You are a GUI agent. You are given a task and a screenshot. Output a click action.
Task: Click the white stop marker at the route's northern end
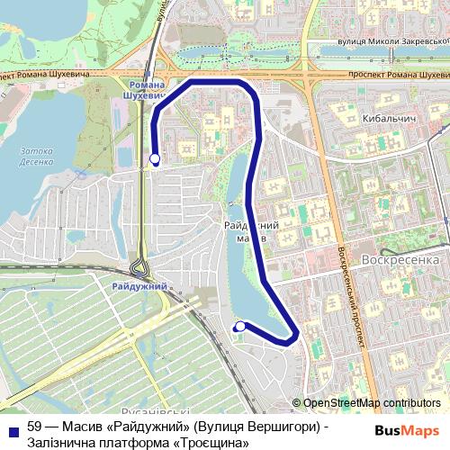click(155, 159)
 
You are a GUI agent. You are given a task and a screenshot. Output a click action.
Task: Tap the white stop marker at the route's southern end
click(240, 327)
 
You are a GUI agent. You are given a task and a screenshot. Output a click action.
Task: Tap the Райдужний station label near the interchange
click(140, 286)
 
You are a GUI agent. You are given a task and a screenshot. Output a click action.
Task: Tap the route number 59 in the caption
click(35, 426)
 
